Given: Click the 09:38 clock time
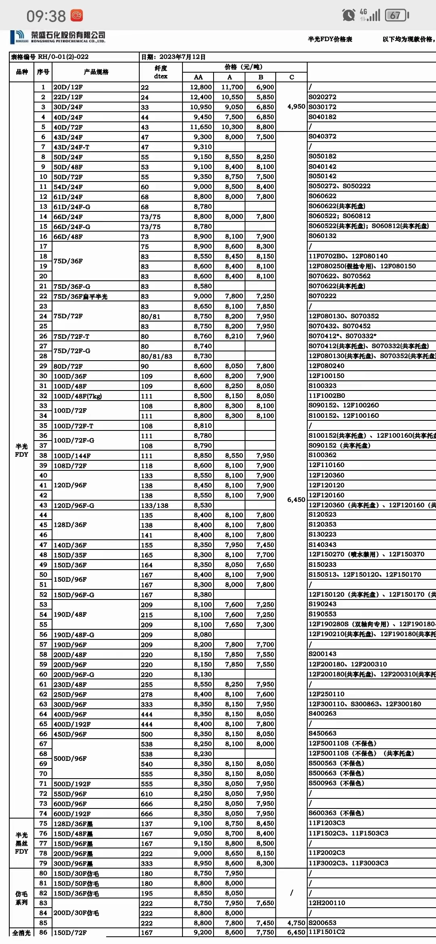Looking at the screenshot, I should [x=46, y=16].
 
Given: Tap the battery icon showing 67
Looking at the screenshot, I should [x=396, y=15].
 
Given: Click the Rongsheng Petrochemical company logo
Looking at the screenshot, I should [x=58, y=37].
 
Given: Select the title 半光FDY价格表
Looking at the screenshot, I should [x=330, y=39].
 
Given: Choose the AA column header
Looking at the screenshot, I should [x=198, y=77].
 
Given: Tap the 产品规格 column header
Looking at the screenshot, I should [x=96, y=72].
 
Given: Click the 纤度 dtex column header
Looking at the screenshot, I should [x=161, y=72].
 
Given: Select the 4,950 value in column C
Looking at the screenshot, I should [x=296, y=107].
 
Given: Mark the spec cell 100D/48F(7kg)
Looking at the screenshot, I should [x=78, y=396].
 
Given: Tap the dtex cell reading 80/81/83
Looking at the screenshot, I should [x=156, y=356].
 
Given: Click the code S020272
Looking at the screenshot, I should [x=322, y=97].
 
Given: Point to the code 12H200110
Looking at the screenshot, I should [x=327, y=903].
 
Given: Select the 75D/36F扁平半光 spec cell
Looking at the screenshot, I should [x=81, y=297].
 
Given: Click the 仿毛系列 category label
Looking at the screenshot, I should [x=21, y=898].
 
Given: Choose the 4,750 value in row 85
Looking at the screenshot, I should [x=296, y=923].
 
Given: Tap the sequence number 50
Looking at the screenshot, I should [x=43, y=574].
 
